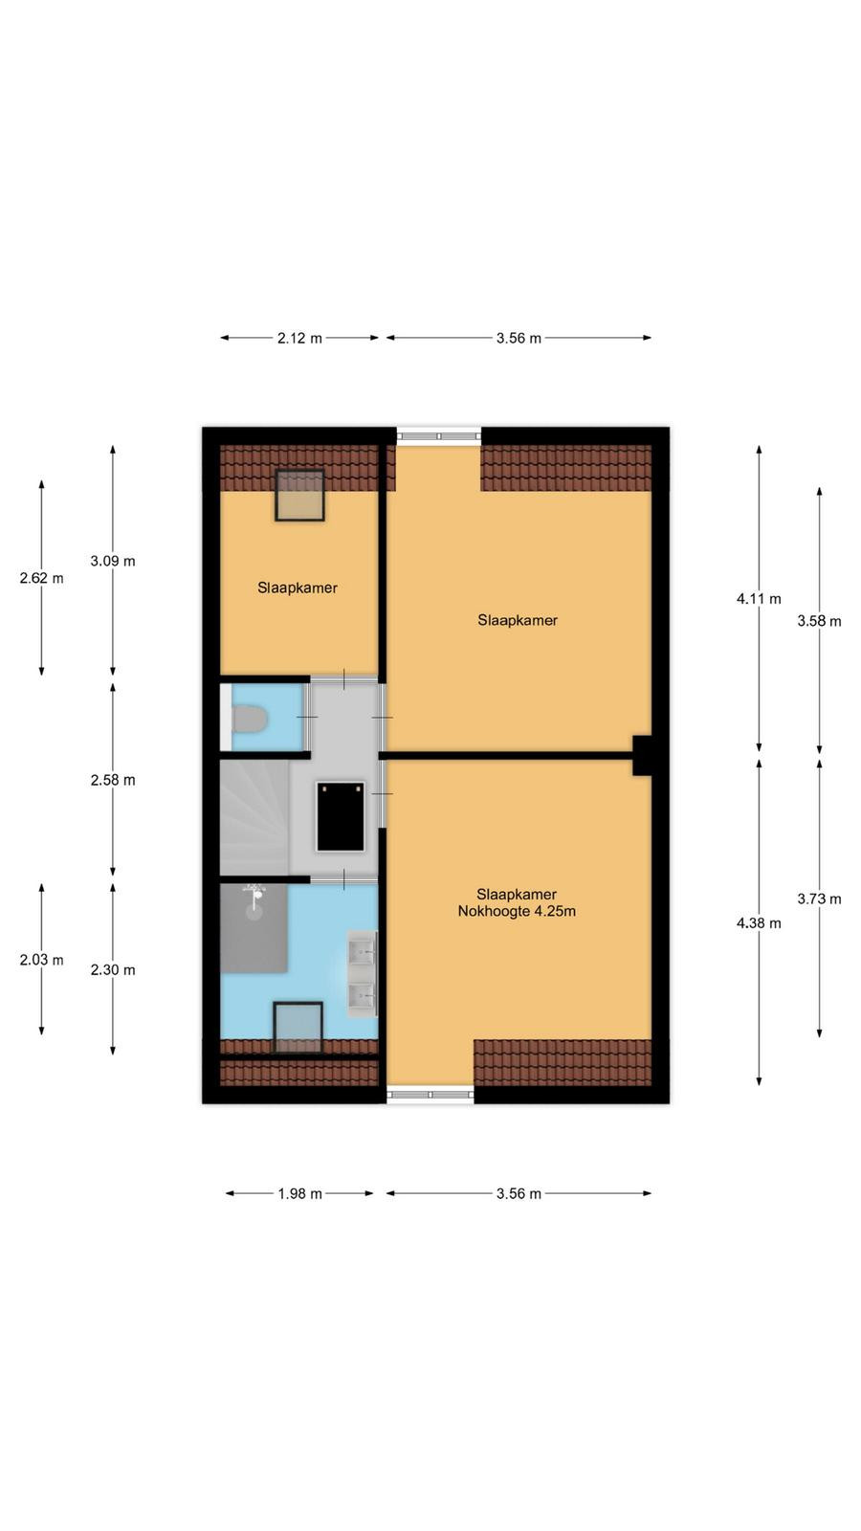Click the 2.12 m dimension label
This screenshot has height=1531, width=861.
point(299,339)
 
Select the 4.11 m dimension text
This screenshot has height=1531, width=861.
point(759,599)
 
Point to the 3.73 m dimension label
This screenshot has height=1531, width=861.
point(819,899)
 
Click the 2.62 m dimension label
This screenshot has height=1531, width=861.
point(42,578)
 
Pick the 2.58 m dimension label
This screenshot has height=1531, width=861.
point(113,780)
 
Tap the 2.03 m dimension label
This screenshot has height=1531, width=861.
point(42,960)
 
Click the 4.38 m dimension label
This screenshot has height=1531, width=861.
point(759,923)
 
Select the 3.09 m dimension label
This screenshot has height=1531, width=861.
point(113,561)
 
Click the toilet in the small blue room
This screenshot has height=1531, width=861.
point(249,719)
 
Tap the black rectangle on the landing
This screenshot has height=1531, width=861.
point(341,817)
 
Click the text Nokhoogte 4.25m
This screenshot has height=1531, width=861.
point(517,911)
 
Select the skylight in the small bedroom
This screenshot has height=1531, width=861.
point(299,496)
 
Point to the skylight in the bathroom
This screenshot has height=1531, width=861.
point(298,1028)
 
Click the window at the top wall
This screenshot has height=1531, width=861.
point(439,435)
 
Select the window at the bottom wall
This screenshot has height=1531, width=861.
point(430,1095)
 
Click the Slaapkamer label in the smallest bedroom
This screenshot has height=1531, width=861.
point(298,588)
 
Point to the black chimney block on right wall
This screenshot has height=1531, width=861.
point(642,755)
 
